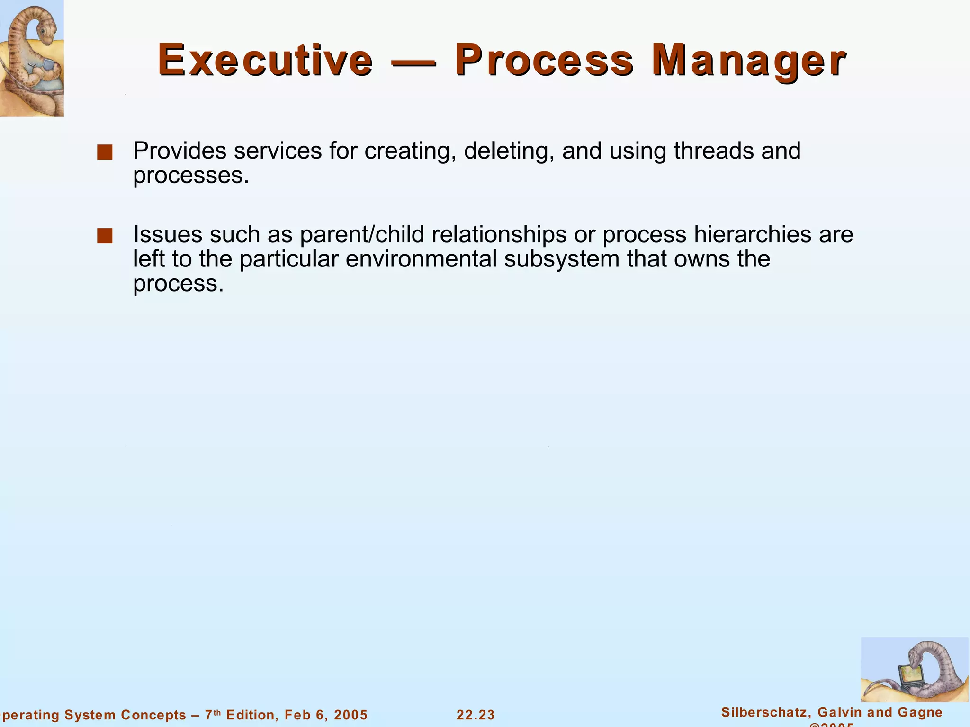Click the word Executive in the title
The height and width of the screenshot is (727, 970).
[265, 60]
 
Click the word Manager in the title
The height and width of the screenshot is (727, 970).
[748, 60]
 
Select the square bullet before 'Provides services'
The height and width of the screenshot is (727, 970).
[104, 152]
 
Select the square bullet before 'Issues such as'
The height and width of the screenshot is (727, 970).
[104, 236]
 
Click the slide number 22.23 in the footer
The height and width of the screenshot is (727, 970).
[476, 715]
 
